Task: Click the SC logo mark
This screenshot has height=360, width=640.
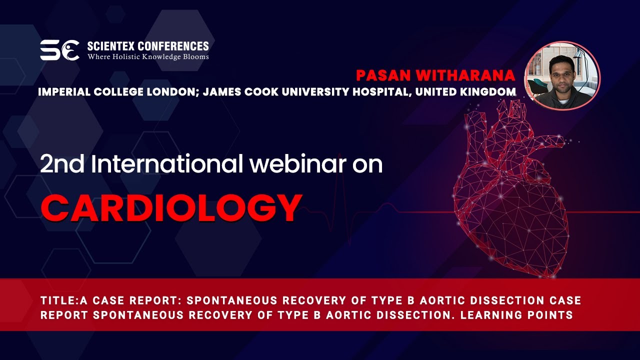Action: click(59, 50)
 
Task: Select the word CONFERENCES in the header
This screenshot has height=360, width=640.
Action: click(173, 46)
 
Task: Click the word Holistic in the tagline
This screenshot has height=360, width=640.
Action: click(125, 56)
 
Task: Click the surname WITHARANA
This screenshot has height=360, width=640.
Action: click(465, 75)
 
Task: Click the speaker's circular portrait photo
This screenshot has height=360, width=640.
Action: click(562, 75)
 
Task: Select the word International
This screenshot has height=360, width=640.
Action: click(167, 163)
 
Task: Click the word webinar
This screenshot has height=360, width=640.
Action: click(298, 163)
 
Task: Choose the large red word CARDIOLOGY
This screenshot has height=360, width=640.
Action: click(171, 208)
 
